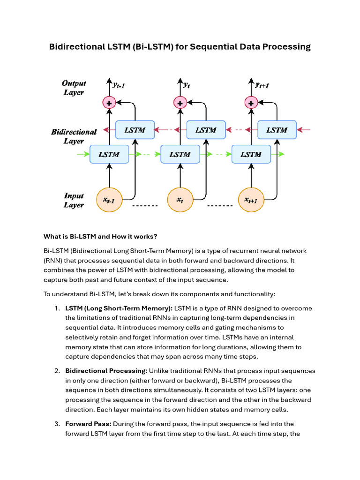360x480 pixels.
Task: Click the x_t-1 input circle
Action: point(109,200)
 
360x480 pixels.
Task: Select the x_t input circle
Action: point(180,200)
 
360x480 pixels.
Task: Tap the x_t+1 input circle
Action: point(251,200)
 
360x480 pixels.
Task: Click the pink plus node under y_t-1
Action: point(109,102)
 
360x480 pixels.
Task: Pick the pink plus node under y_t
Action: point(180,102)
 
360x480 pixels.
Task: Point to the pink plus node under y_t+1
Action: point(251,102)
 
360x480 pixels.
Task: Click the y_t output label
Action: point(187,85)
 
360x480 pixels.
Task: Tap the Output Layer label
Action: point(74,88)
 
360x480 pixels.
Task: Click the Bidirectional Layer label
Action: point(74,136)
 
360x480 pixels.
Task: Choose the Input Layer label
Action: point(74,200)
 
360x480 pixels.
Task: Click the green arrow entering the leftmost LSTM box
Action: point(83,154)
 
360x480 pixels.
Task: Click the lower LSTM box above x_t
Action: point(180,154)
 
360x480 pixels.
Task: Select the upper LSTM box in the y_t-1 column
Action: point(135,130)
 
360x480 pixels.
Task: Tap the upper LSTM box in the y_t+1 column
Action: point(277,130)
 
